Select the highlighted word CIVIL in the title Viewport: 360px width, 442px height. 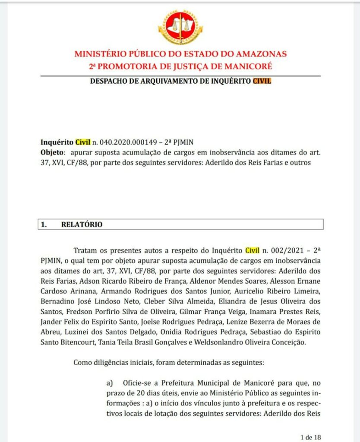tap(262, 81)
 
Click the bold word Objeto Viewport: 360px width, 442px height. tap(52, 153)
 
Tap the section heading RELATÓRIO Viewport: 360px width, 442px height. tap(82, 224)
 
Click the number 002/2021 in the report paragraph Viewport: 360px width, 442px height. tap(290, 250)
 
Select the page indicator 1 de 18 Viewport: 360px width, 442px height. tap(310, 436)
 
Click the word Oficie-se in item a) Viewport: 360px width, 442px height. tap(138, 383)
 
